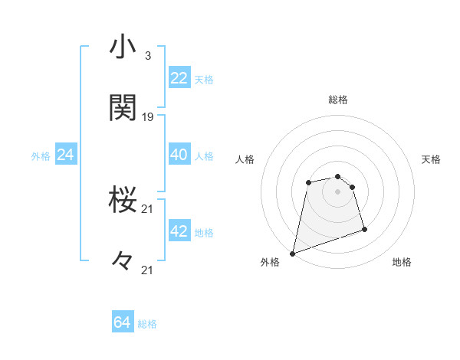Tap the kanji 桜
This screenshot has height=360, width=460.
[123, 200]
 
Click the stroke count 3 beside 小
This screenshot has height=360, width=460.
[147, 56]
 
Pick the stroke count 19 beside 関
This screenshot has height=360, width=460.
[148, 117]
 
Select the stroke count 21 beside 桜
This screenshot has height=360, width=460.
[148, 208]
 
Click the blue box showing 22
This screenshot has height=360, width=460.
[179, 78]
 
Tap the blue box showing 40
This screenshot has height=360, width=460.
[179, 155]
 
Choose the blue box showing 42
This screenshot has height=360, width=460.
[179, 231]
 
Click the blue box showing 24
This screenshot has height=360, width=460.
[66, 155]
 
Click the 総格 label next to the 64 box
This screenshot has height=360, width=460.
[147, 324]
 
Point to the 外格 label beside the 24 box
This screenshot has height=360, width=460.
[41, 156]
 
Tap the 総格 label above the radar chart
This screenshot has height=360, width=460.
[337, 100]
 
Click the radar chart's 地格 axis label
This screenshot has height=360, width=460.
[402, 262]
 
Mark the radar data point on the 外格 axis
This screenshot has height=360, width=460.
[293, 253]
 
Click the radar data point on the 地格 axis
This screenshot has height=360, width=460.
[364, 229]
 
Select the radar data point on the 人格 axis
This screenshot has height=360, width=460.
[308, 182]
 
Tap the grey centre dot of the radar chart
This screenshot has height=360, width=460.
[337, 191]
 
